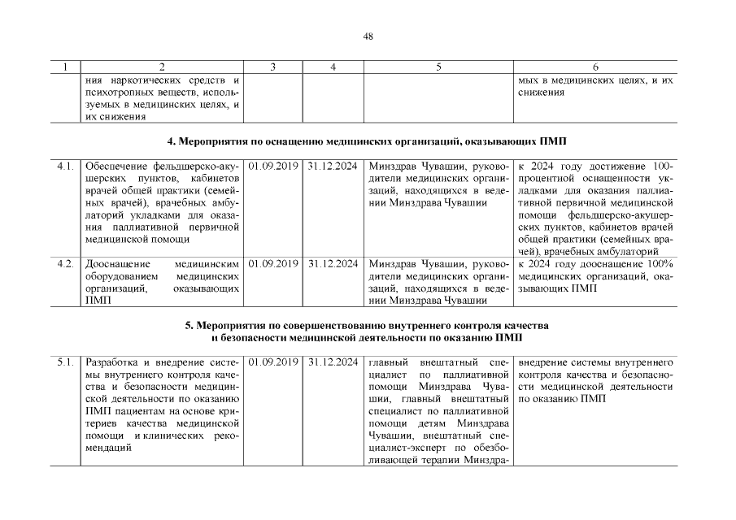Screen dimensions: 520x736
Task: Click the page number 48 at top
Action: tap(368, 36)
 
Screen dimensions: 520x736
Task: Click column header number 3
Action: tap(273, 67)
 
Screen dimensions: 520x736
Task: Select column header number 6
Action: tap(595, 67)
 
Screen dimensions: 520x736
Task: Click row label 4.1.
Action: tap(66, 167)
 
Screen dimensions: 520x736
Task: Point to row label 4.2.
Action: tap(66, 264)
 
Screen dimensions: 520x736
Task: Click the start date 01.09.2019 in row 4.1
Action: tap(273, 167)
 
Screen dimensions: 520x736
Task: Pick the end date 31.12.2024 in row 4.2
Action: tap(333, 264)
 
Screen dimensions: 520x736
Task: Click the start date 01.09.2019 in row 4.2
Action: tap(273, 264)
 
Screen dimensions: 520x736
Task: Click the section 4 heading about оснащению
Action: tap(368, 142)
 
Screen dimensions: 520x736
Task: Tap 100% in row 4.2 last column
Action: tap(660, 264)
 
